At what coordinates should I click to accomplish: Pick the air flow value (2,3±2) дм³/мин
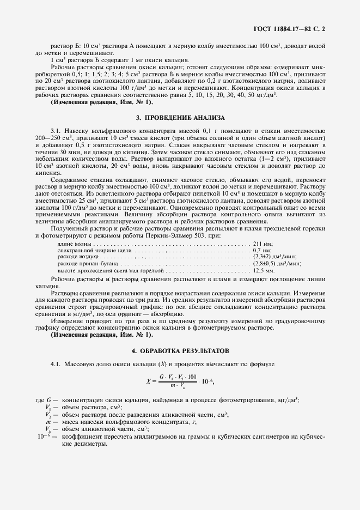pos(277,256)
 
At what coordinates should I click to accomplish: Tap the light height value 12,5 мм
pos(264,270)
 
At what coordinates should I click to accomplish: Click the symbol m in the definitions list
pos(48,422)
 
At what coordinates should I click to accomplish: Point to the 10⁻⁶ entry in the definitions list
pos(44,436)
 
